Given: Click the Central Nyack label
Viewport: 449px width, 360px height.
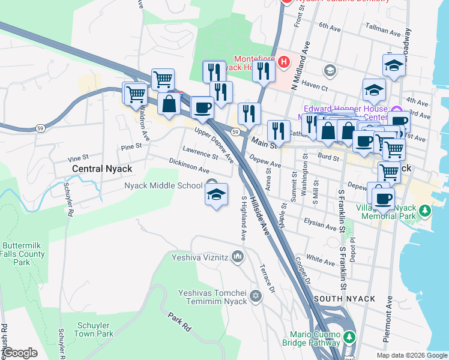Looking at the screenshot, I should [101, 169].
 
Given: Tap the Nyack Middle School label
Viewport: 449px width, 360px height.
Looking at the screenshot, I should [164, 185].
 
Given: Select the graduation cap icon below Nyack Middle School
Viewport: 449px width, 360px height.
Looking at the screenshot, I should [217, 194].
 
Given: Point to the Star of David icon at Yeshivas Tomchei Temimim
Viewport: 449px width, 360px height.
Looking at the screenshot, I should [256, 296].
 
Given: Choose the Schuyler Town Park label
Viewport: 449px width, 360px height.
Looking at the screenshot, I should [95, 329].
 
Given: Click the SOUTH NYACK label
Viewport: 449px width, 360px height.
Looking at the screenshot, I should [344, 299].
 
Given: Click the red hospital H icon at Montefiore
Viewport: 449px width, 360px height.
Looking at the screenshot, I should [283, 62].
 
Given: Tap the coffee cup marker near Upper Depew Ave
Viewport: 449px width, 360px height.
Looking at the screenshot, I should [202, 107].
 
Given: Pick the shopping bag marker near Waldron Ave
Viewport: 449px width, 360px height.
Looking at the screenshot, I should [169, 103].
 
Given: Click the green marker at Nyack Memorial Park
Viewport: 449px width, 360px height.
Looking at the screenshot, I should [425, 211].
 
